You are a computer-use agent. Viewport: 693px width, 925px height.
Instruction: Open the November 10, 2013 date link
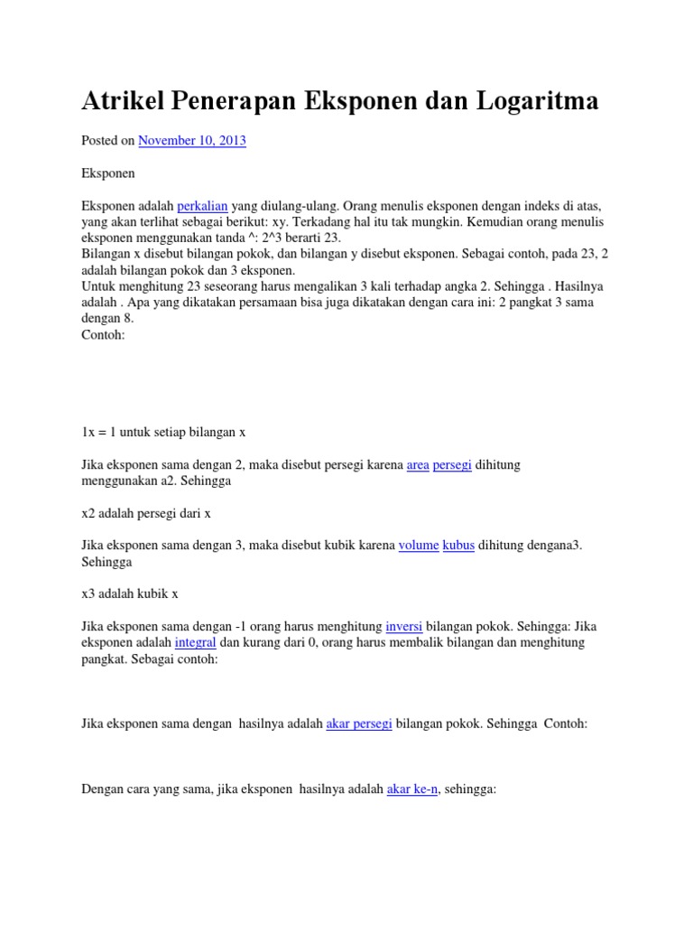192,141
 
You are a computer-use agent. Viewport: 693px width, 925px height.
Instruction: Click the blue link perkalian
203,206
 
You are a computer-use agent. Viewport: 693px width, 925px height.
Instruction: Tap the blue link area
418,464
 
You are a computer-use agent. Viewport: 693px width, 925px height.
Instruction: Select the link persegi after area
453,464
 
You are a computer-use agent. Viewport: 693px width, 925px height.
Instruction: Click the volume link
419,546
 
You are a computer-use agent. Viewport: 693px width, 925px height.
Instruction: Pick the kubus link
458,546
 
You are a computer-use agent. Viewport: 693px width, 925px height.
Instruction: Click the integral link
195,643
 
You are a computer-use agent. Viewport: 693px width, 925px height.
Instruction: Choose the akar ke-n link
412,790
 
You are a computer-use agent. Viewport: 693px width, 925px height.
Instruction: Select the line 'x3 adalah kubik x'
130,594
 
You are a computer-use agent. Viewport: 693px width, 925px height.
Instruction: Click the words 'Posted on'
108,141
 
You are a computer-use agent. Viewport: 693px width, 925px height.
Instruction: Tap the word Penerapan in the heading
241,101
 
